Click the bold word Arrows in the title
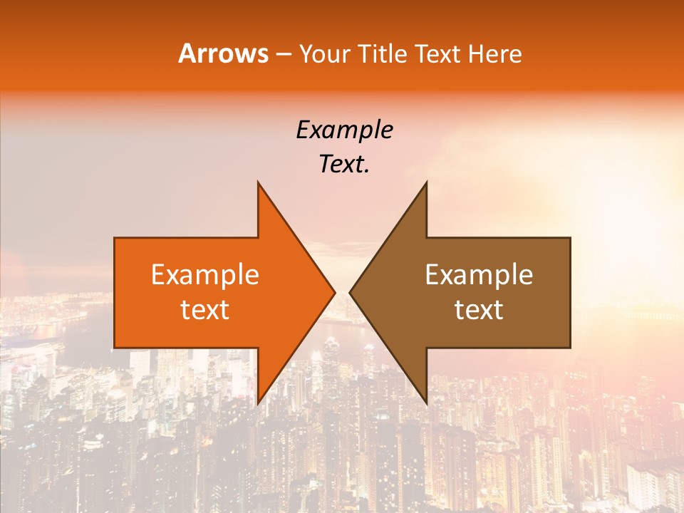coord(223,53)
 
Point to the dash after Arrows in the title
coord(283,55)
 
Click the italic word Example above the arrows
coord(344,130)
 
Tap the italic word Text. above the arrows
coord(344,165)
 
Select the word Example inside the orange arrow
coord(205,275)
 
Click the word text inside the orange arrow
coord(205,310)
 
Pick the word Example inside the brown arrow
coord(479,275)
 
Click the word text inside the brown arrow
coord(479,310)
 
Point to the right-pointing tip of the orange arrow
coord(334,292)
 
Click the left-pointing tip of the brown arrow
coord(350,292)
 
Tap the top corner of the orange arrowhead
coord(258,182)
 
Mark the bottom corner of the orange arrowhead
coord(258,403)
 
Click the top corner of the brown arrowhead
coord(426,182)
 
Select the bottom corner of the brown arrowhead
coord(426,403)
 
